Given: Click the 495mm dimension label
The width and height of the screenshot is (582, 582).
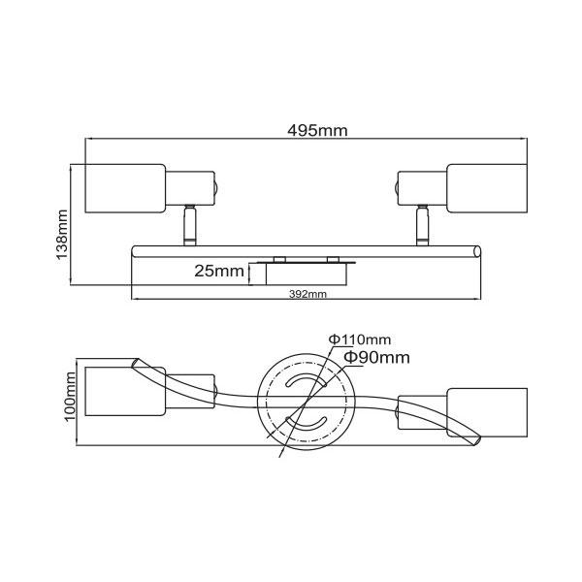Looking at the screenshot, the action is (x=317, y=130).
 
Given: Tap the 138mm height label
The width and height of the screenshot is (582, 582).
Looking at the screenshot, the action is (x=62, y=235).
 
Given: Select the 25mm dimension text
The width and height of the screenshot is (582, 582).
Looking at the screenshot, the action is (x=219, y=271).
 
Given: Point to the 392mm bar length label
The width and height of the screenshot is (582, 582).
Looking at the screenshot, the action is (x=307, y=294).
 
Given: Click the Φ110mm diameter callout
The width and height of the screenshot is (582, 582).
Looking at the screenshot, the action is (x=360, y=339).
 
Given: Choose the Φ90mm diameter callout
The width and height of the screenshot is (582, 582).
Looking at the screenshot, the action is (x=376, y=357).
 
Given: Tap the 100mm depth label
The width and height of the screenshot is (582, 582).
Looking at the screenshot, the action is (x=70, y=397).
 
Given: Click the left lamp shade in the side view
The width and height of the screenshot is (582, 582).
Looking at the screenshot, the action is (x=125, y=188).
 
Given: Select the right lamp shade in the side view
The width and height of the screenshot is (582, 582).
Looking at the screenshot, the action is (x=487, y=188).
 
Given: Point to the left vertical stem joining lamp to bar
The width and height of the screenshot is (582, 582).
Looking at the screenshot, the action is (x=190, y=225).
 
